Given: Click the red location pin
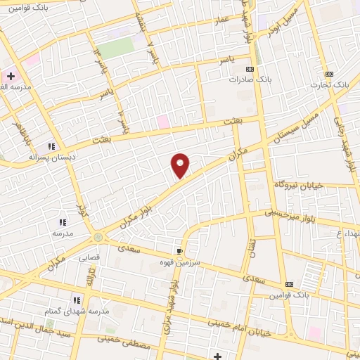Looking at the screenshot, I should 181,165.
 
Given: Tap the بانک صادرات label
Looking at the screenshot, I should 245,79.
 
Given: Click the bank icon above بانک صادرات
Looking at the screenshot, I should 249,69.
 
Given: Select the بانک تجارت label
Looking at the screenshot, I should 331,84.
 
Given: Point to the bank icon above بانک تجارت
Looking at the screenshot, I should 328,74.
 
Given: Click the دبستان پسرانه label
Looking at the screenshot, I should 47,157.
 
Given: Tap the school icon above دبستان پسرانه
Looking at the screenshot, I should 51,146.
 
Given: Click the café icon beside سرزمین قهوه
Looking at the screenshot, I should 180,251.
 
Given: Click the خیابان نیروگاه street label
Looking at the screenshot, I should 298,185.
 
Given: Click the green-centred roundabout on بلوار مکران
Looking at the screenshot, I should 98,238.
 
